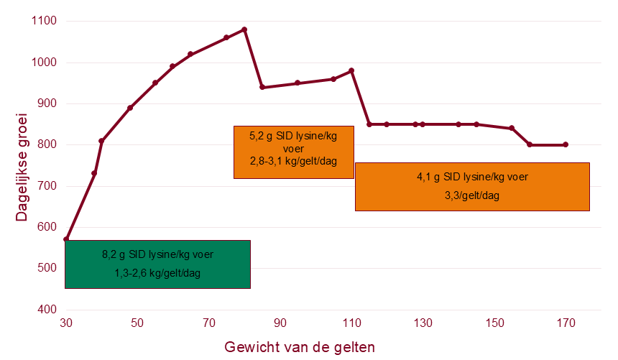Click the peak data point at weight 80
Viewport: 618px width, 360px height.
point(244,29)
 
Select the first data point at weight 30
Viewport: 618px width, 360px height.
point(66,239)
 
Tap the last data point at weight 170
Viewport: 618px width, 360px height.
point(566,144)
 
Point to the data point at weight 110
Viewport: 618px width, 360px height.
point(351,71)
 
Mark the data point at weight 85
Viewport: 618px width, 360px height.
point(262,87)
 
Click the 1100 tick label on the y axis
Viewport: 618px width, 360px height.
point(44,21)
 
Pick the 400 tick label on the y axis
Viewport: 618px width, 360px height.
point(47,309)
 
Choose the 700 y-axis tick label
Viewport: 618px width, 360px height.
point(47,185)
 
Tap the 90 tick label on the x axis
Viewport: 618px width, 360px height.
point(280,323)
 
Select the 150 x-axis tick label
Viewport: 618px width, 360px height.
point(494,323)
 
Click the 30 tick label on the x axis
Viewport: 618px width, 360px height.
point(66,323)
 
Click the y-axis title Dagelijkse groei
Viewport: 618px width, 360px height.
point(22,167)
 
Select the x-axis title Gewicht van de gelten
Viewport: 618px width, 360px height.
point(300,347)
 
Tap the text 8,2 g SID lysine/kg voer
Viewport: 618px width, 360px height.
point(157,254)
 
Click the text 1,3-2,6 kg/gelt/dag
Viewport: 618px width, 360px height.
point(157,273)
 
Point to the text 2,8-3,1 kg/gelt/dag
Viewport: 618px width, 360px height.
point(294,161)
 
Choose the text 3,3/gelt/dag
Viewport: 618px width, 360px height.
point(472,195)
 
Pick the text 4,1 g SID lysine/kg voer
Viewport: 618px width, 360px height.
point(473,177)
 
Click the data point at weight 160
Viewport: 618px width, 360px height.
point(530,144)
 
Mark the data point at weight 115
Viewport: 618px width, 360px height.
point(369,124)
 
